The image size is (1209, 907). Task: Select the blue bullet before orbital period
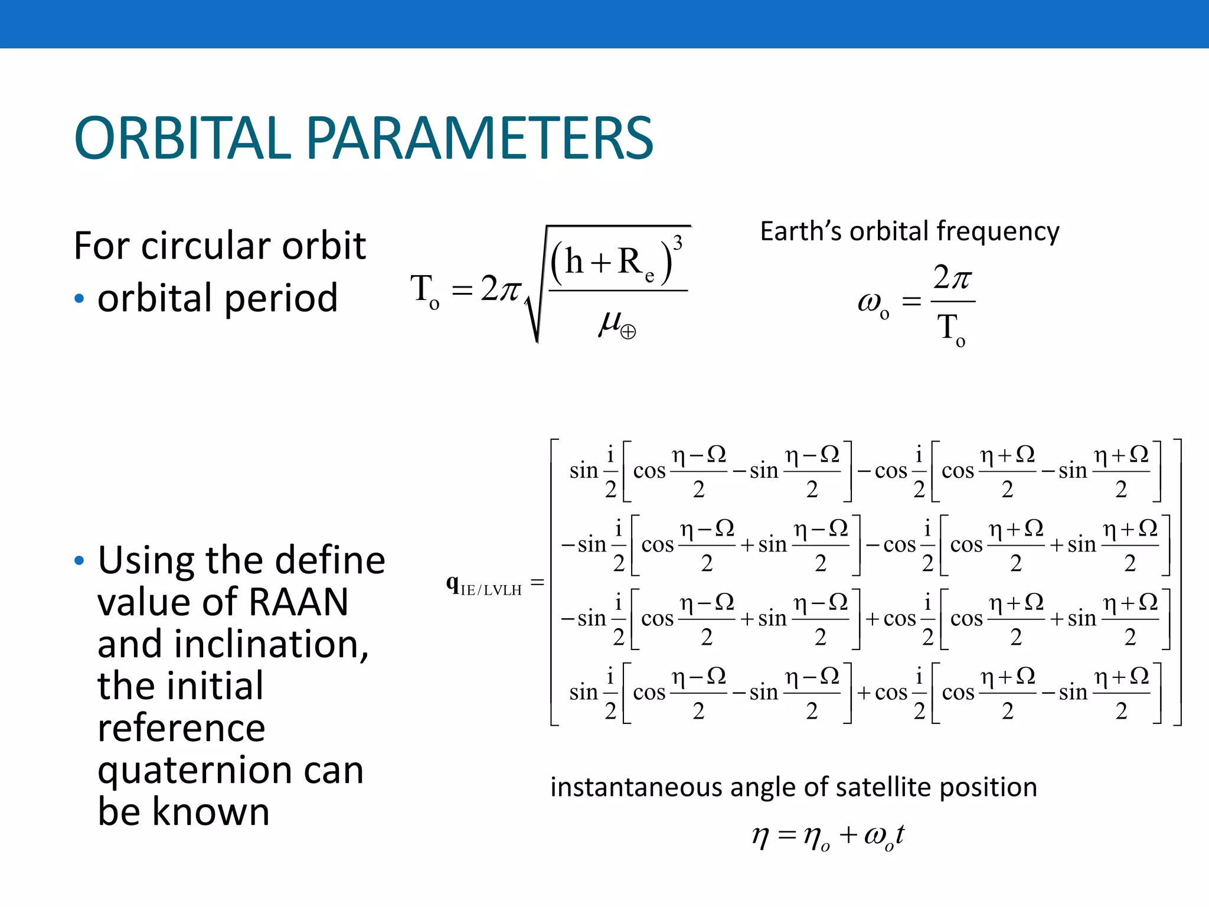click(x=80, y=299)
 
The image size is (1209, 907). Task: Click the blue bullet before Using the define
click(x=80, y=560)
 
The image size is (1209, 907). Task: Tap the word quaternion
click(x=195, y=771)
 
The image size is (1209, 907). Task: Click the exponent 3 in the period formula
click(x=678, y=243)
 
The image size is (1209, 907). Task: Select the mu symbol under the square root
click(x=610, y=322)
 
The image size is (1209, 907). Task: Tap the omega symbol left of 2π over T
click(x=869, y=302)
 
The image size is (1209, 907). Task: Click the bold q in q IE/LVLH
click(x=452, y=583)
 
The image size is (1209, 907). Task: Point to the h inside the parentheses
click(x=574, y=262)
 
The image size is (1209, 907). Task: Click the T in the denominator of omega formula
click(x=948, y=327)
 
